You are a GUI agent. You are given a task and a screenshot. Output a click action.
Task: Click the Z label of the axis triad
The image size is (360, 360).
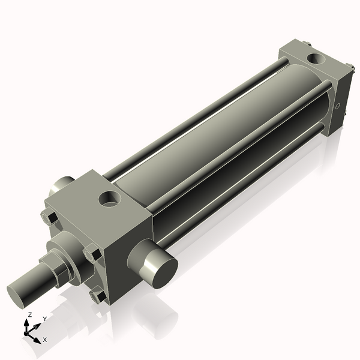coord(30,315)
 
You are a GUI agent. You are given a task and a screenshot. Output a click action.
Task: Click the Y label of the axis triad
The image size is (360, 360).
coord(44,319)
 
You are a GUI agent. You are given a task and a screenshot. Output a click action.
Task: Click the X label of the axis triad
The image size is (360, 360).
coord(44,340)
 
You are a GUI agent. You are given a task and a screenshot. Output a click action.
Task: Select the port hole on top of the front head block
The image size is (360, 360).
coord(110,197)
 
